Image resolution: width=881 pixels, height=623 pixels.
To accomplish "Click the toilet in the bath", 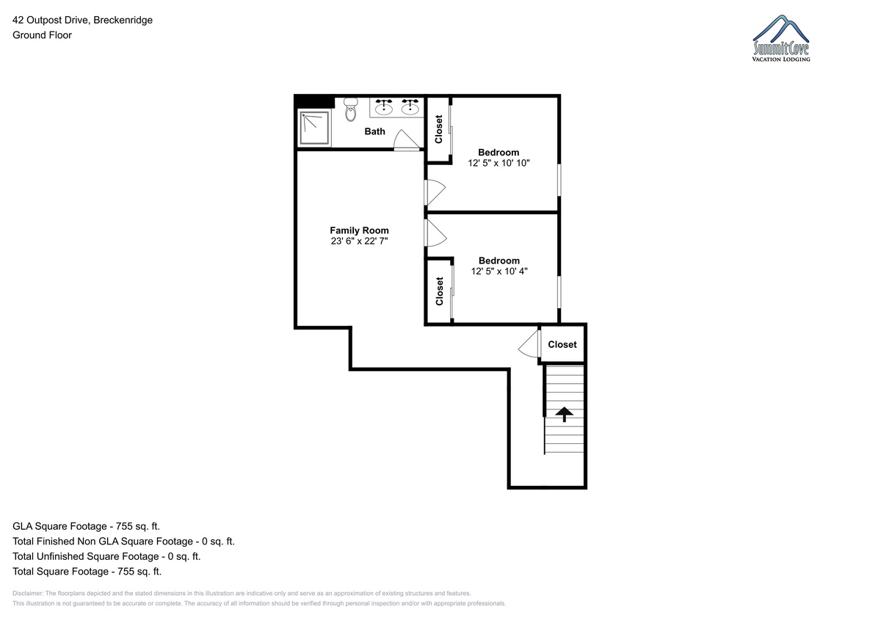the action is coord(350,109).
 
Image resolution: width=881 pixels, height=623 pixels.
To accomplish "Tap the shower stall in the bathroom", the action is coord(314,128).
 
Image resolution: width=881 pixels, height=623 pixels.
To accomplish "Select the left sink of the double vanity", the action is coord(383,107).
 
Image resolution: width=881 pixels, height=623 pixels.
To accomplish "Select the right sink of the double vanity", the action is coord(410,107).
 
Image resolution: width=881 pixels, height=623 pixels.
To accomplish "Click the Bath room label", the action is coord(374,131).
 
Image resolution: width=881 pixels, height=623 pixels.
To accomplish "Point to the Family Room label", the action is coord(359,230).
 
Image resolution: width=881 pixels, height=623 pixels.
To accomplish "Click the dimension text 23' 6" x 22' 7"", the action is coord(359,241).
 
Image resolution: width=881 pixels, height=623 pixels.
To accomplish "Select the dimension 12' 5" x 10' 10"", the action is coord(498,163).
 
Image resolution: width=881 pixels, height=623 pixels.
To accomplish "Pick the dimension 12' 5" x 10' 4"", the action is coord(499,272).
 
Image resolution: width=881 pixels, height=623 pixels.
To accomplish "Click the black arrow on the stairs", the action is coord(564,415).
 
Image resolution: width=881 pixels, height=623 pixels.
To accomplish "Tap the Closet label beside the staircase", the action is coord(562,344).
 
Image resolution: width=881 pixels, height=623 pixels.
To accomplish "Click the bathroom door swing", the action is coord(407,140).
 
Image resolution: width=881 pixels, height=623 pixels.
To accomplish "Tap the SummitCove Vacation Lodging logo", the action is coord(780,38).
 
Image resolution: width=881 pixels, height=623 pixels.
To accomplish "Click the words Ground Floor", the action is coord(42,35).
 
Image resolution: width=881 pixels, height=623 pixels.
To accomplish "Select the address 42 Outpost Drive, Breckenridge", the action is coord(82,20).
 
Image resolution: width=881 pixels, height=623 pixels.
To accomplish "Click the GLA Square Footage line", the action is coord(86,526).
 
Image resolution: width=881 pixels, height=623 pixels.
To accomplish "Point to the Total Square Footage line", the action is coord(87,571).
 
